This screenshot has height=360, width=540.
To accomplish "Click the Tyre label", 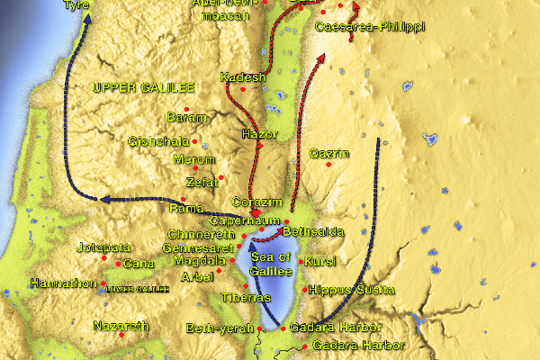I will coord(76,5).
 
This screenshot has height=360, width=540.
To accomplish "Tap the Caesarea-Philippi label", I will coord(370,28).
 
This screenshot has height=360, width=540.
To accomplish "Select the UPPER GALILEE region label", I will coord(143,87).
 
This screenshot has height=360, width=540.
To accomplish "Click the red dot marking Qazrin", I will coord(329,166).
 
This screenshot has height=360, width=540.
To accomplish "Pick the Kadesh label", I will coord(243,77).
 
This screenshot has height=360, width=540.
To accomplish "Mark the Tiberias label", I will coord(245,298).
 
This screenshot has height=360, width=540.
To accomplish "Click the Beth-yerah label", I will coord(214,328).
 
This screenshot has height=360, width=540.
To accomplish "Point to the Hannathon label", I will coord(61,283).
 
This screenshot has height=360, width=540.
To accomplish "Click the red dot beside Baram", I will coord(186,110).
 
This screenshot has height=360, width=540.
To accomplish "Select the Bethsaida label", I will coord(313,232).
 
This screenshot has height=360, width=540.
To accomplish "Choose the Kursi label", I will coord(319,262).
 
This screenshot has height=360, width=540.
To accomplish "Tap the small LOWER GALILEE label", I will coord(137,289).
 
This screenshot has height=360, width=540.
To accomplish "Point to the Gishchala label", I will coord(159,141).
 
